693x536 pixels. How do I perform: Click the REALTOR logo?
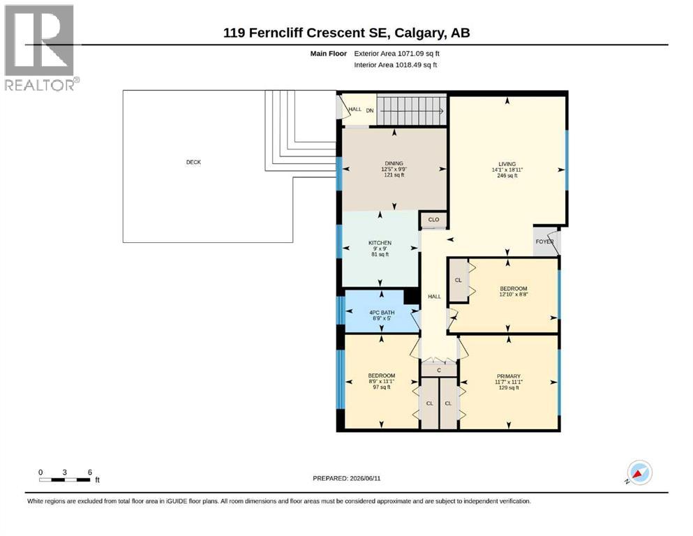42,47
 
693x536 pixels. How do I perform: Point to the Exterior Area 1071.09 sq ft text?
396,54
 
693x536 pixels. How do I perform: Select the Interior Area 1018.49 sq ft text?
395,65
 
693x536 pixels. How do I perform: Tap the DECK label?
193,162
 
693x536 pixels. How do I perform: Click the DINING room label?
394,163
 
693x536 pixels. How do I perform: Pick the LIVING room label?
507,164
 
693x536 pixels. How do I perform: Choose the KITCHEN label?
380,243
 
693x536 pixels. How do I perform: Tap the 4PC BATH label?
382,313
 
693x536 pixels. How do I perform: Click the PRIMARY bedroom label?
509,376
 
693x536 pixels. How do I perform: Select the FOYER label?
544,241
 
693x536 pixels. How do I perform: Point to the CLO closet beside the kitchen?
433,220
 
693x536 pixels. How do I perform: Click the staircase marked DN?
411,111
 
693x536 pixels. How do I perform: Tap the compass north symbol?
639,472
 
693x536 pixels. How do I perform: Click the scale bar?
64,480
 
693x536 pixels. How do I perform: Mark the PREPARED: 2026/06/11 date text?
346,478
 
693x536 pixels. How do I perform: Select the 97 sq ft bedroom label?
382,387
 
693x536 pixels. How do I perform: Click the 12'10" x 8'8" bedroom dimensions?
514,295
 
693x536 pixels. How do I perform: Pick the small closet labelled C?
438,370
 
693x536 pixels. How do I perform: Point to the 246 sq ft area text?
507,175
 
